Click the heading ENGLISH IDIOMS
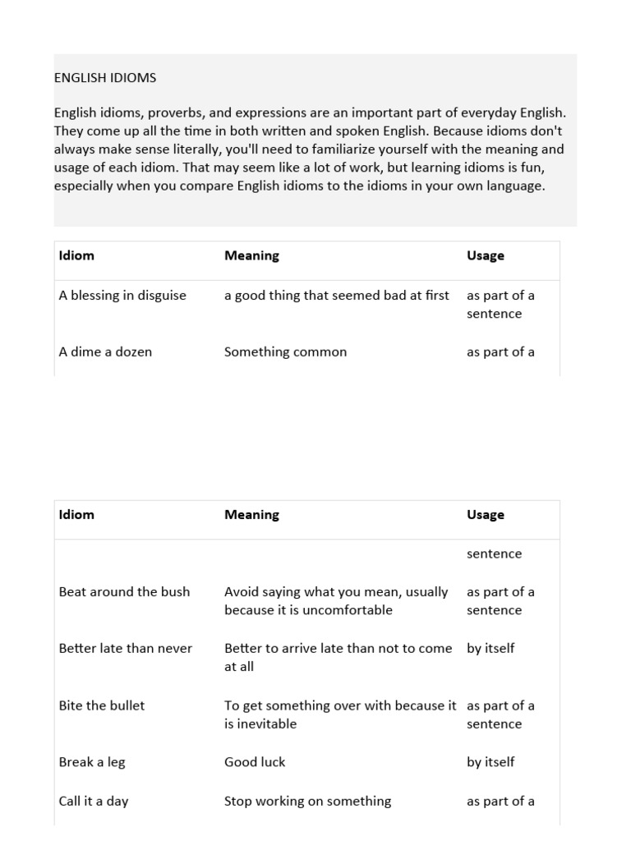coord(105,78)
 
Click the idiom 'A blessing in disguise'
coord(122,296)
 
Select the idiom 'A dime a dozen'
coord(105,352)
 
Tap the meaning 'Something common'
coord(285,352)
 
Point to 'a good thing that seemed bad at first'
coord(336,296)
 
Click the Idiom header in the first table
coord(76,255)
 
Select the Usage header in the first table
coord(485,255)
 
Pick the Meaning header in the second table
coord(251,515)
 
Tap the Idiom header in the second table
coord(76,515)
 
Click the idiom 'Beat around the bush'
coord(124,592)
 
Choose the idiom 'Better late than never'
coord(125,649)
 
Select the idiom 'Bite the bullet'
coord(101,705)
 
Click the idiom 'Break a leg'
coord(92,762)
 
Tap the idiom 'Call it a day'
coord(94,802)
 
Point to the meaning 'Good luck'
coord(255,762)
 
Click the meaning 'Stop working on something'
coord(307,802)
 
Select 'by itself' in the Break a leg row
coord(491,762)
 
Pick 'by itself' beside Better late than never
coord(491,649)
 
